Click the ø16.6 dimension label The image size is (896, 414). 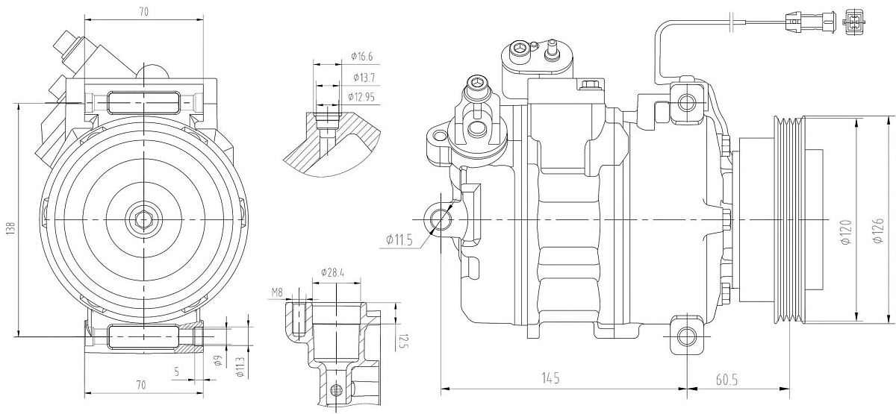pos(362,56)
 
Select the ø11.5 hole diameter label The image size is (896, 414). pos(399,240)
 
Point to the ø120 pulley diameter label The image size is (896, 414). pos(845,233)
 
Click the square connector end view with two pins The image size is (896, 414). pos(853,22)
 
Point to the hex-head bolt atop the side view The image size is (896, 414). pos(590,86)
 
